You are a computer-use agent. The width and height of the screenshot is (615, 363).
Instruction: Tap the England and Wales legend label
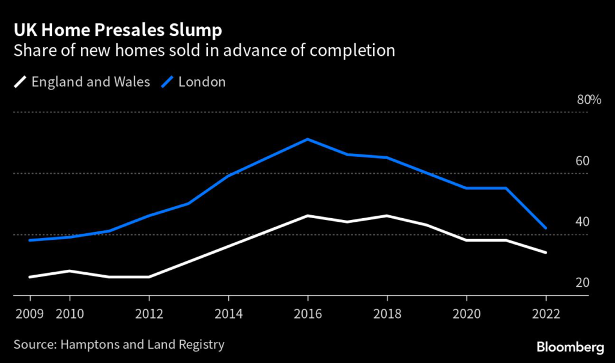[x=91, y=82]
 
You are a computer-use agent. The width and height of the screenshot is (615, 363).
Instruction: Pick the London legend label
[x=202, y=82]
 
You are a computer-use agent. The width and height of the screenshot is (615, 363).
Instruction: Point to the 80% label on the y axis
[x=589, y=100]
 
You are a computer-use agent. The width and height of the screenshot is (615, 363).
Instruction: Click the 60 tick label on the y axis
[x=583, y=161]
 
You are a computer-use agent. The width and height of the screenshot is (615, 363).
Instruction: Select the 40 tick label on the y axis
[x=583, y=222]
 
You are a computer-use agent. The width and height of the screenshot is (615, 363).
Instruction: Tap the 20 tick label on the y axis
[x=583, y=283]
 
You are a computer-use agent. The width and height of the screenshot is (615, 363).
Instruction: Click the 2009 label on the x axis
[x=30, y=314]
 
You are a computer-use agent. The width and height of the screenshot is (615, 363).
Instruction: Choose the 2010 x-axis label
[x=70, y=314]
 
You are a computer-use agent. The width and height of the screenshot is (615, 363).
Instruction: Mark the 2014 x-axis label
[x=228, y=314]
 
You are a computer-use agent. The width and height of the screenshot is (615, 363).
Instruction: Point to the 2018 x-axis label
[x=387, y=314]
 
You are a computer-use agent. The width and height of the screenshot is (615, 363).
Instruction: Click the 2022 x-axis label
[x=545, y=314]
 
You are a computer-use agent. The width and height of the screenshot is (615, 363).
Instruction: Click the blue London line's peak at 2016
[x=307, y=139]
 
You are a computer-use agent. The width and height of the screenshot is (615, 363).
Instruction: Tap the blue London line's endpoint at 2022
[x=545, y=228]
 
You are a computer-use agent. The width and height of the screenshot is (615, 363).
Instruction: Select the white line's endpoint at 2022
[x=545, y=252]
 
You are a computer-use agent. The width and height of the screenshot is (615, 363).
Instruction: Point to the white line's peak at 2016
[x=307, y=215]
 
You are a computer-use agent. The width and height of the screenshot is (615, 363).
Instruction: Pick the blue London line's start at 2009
[x=30, y=240]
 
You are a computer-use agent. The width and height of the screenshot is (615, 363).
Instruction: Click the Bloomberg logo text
[x=569, y=347]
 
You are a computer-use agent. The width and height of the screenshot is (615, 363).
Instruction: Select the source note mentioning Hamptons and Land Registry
[x=118, y=344]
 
